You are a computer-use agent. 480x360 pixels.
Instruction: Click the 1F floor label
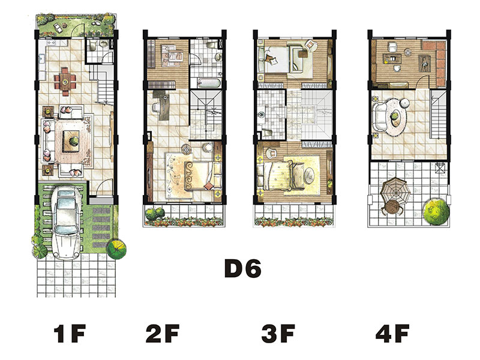tap(69, 334)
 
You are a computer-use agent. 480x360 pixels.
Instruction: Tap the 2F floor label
tap(163, 334)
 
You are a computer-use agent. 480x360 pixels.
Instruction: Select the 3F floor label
tap(278, 334)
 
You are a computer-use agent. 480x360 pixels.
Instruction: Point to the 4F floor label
tap(392, 334)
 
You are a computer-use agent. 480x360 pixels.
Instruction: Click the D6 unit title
tap(243, 268)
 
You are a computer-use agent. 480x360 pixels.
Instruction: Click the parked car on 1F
tap(66, 223)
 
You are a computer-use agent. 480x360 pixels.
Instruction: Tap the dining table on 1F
tap(65, 81)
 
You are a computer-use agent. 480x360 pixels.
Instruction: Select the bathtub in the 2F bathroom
tap(209, 83)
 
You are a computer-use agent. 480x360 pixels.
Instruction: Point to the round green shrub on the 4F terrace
tap(436, 212)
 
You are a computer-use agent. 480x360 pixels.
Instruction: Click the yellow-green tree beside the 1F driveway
tap(116, 248)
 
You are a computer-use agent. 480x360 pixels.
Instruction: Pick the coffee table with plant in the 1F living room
tap(71, 142)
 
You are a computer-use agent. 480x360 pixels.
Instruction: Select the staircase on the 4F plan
tap(438, 114)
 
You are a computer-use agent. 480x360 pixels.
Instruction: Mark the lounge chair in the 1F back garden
tap(57, 27)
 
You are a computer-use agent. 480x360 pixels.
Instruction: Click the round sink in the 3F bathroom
tap(261, 115)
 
